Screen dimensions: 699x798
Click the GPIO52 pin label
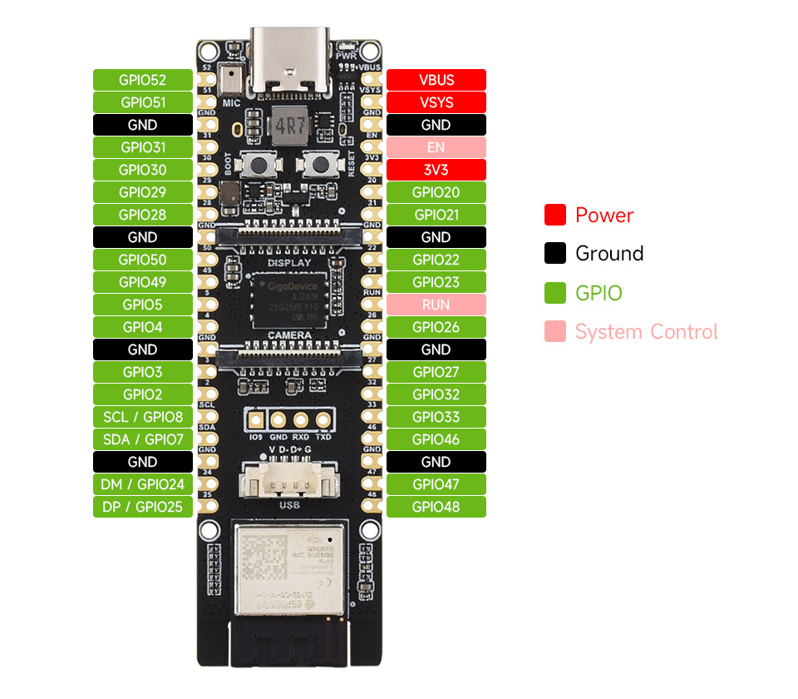(x=142, y=80)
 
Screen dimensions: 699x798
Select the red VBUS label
(x=436, y=80)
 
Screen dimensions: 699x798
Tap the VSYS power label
(x=436, y=102)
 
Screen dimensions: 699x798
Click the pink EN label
(x=436, y=147)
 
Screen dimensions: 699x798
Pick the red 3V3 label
(x=436, y=170)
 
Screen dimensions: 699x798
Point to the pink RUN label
(x=436, y=305)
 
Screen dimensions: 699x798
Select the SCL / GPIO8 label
(x=142, y=417)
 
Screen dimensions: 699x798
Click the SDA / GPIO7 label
(x=142, y=439)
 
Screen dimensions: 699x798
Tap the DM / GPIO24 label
(x=142, y=484)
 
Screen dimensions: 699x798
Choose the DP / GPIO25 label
(x=142, y=507)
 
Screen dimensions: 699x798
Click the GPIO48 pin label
(x=436, y=507)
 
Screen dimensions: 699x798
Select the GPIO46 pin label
(x=436, y=439)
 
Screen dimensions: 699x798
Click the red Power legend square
(x=555, y=215)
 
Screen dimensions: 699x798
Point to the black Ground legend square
(x=555, y=254)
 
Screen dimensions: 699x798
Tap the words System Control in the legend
(x=646, y=332)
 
